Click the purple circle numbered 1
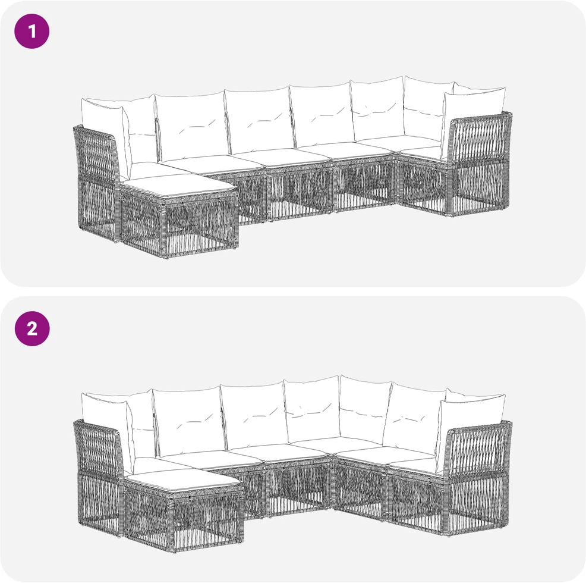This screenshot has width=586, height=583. tap(31, 32)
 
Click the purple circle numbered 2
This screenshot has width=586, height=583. tap(31, 328)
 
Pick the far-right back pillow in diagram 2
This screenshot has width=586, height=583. tap(472, 417)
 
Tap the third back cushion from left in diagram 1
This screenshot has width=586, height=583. tap(258, 121)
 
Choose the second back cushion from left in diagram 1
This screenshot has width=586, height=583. tap(192, 126)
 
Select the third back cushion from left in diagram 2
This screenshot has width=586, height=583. tap(254, 415)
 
